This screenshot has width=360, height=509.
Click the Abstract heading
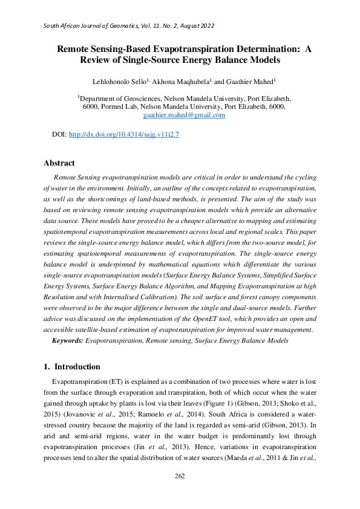[59, 163]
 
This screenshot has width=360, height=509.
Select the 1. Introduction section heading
[72, 367]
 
